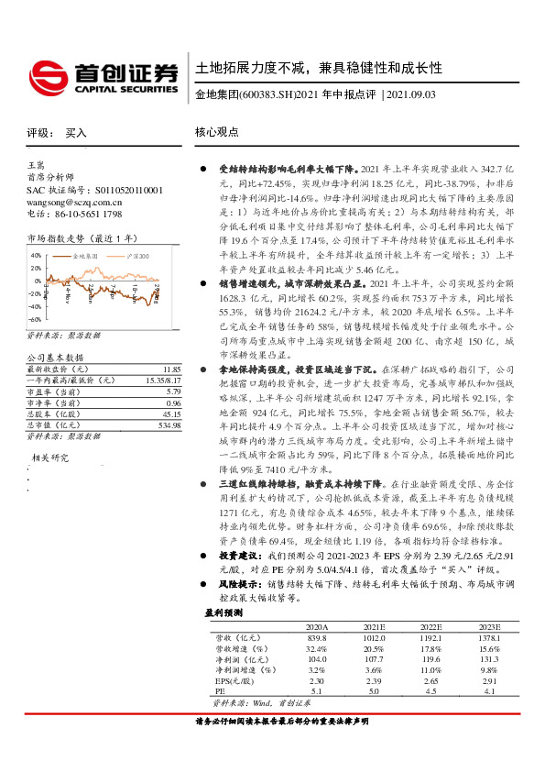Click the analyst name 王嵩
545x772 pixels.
click(36, 163)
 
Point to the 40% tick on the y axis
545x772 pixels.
click(36, 256)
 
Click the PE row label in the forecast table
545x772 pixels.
click(219, 691)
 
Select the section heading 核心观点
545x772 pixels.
click(218, 132)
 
